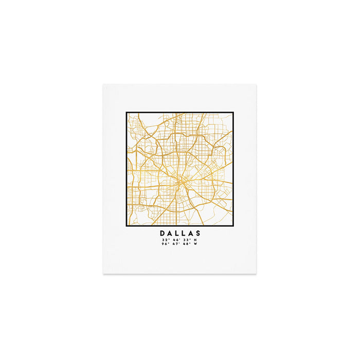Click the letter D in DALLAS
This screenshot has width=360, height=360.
pos(163,233)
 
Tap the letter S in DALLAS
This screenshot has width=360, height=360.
pos(198,233)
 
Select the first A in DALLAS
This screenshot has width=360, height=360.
pos(170,233)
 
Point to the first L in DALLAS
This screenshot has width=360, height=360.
pos(177,233)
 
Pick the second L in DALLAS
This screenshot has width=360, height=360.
pos(184,233)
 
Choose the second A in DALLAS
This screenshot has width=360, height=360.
pos(191,233)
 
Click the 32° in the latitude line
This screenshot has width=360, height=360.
pos(165,240)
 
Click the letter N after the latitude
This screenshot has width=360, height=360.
pos(195,240)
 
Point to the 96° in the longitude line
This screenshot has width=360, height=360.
pos(165,244)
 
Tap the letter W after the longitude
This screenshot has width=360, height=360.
pos(195,244)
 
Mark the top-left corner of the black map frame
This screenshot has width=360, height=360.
pos(127,113)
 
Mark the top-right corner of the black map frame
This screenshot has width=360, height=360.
pos(233,113)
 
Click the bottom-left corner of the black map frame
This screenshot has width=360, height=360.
pos(127,226)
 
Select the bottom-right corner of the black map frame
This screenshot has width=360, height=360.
pos(233,226)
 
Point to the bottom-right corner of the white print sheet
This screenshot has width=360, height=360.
pos(256,273)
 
